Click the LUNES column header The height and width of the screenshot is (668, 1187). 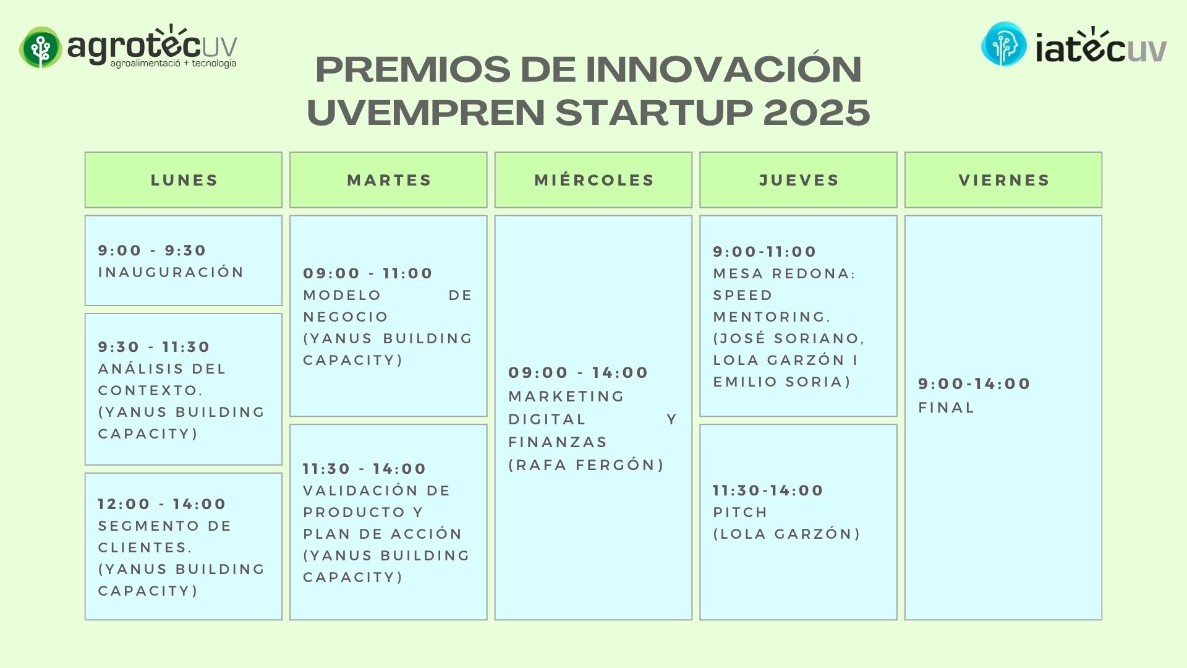pyautogui.click(x=184, y=180)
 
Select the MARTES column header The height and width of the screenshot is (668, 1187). pyautogui.click(x=388, y=180)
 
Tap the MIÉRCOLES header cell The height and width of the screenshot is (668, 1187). pyautogui.click(x=593, y=180)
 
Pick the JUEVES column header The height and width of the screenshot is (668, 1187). pyautogui.click(x=798, y=180)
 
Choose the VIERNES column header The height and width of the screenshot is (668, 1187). pyautogui.click(x=1003, y=180)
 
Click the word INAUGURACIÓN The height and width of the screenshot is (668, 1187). pyautogui.click(x=171, y=272)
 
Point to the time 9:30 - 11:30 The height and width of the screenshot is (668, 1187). pyautogui.click(x=154, y=347)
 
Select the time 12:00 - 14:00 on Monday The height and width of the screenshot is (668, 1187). pyautogui.click(x=162, y=504)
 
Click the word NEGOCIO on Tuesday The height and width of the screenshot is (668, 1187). pyautogui.click(x=345, y=317)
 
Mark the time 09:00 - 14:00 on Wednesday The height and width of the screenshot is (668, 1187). pyautogui.click(x=578, y=373)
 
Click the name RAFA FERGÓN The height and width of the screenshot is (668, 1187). pyautogui.click(x=586, y=465)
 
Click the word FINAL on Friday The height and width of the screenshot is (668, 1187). pyautogui.click(x=946, y=408)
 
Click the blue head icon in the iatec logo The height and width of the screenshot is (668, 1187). pyautogui.click(x=1003, y=45)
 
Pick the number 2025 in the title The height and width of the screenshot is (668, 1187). pyautogui.click(x=816, y=112)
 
